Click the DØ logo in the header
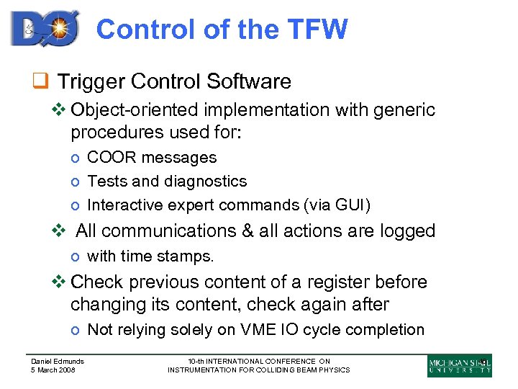point(45,28)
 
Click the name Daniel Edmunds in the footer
point(57,361)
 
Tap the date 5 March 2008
point(53,370)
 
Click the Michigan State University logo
point(459,365)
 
